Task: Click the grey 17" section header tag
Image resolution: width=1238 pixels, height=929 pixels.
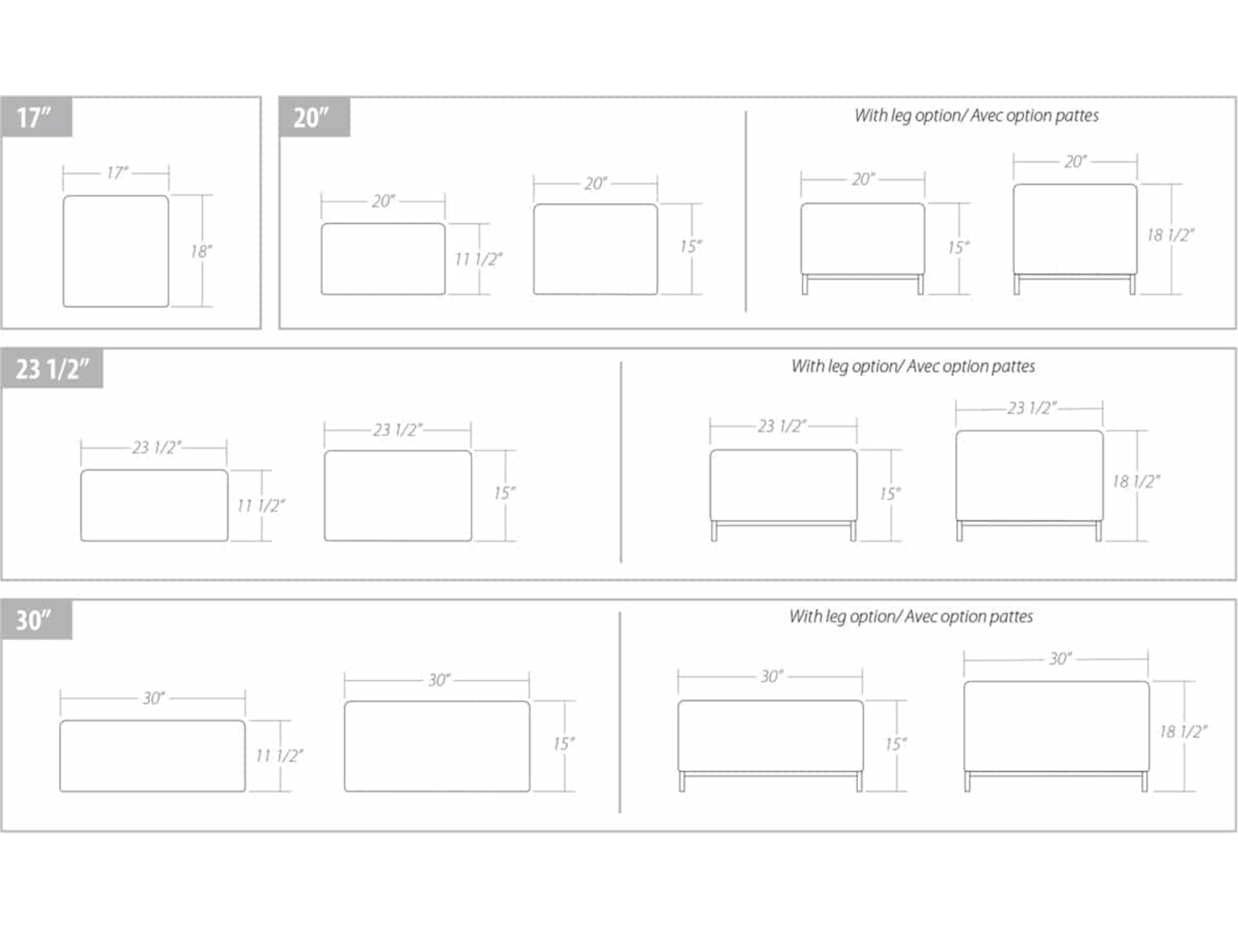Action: click(x=37, y=116)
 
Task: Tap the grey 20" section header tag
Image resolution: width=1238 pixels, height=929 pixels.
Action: click(x=314, y=116)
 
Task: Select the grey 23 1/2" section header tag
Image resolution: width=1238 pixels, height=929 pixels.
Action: click(x=52, y=369)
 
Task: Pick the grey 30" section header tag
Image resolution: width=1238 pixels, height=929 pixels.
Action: click(x=37, y=619)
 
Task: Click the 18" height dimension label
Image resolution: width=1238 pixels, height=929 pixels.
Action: click(x=201, y=251)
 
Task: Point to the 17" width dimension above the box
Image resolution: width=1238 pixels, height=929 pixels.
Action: click(x=117, y=173)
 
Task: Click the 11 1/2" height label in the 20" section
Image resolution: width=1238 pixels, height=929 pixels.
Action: click(x=478, y=259)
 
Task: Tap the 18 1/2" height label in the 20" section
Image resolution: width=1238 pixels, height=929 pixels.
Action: click(x=1171, y=235)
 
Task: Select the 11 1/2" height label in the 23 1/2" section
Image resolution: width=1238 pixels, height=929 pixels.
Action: click(x=261, y=505)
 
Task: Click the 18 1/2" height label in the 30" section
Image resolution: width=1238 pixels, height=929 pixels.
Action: click(x=1184, y=731)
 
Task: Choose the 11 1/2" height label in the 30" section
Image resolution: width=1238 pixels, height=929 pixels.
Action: click(x=279, y=756)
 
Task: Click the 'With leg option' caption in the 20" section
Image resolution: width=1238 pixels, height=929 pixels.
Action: click(x=977, y=116)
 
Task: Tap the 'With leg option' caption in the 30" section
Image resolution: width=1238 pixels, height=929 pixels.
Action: click(x=911, y=617)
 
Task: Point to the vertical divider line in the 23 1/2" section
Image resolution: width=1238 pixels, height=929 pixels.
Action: click(x=621, y=462)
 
